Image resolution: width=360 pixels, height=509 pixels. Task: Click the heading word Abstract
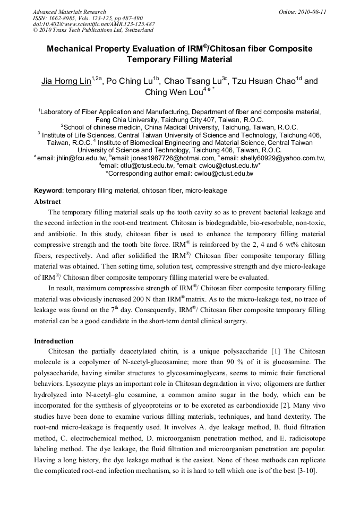pyautogui.click(x=47, y=202)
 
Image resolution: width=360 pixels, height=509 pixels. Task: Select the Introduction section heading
pyautogui.click(x=54, y=341)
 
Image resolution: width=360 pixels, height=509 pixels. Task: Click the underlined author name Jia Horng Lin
pyautogui.click(x=66, y=81)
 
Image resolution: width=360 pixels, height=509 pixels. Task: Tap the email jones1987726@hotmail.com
pyautogui.click(x=170, y=158)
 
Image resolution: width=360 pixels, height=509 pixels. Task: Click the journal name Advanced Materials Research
pyautogui.click(x=69, y=12)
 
